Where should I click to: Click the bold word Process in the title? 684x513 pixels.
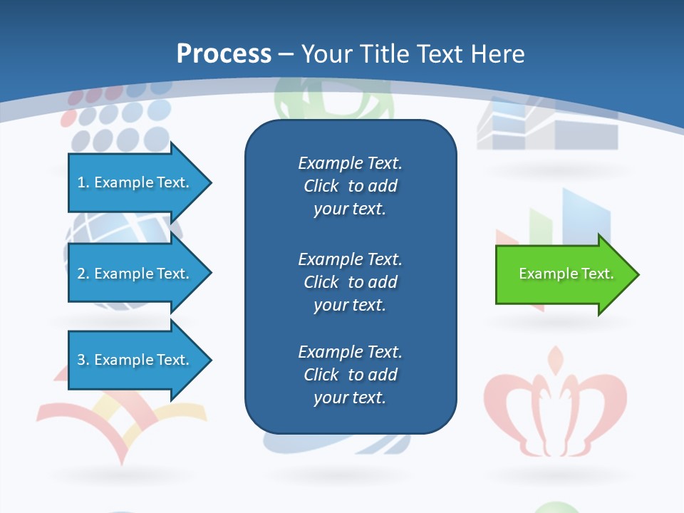click(x=224, y=54)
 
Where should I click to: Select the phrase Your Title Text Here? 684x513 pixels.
click(x=413, y=54)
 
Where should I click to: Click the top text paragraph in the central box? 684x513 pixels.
click(x=350, y=186)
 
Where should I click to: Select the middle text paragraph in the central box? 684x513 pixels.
click(x=350, y=282)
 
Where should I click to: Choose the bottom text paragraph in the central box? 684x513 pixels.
click(x=350, y=375)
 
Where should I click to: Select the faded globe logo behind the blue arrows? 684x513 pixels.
click(x=121, y=235)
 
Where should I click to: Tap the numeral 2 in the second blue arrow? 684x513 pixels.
click(x=81, y=274)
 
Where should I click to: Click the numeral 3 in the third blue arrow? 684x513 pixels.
click(x=81, y=360)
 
